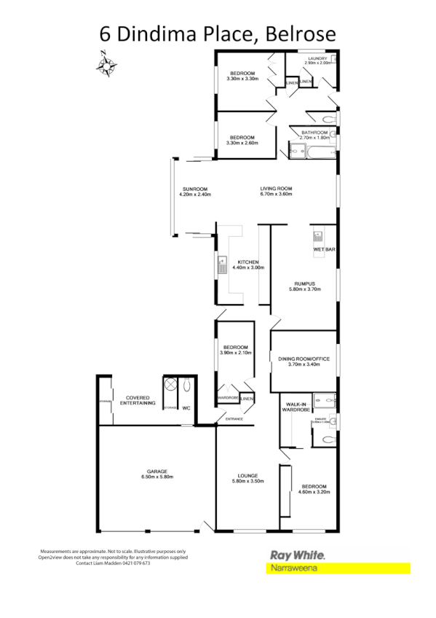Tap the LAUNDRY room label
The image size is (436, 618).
318,58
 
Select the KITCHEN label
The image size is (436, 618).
245,262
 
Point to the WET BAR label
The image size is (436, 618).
323,250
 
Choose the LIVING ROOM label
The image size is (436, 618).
276,189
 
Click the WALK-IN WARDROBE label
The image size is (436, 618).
296,407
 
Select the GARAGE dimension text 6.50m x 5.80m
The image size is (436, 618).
157,477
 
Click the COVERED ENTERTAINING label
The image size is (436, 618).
138,400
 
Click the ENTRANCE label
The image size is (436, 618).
234,419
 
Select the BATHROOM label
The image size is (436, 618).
314,132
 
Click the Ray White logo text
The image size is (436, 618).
297,555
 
